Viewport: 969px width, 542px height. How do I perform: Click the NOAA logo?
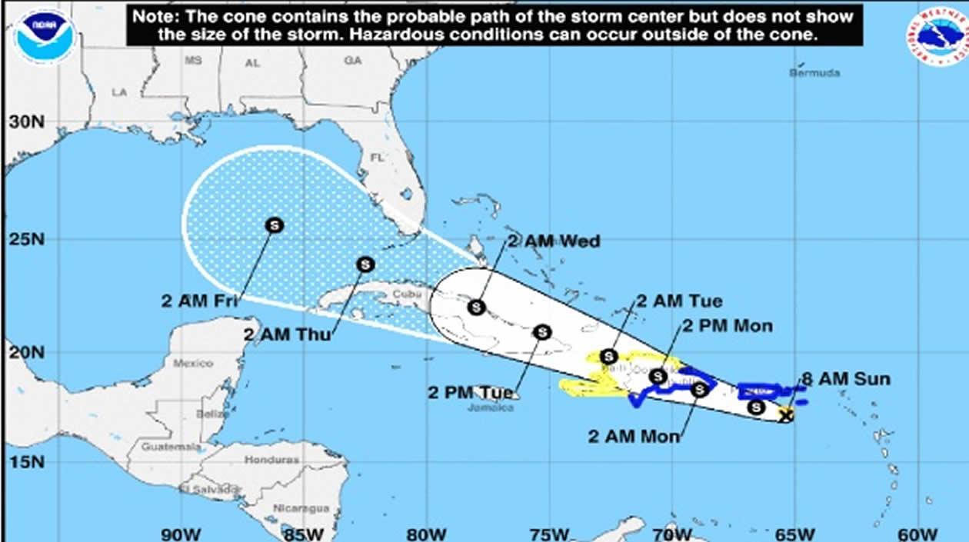45,35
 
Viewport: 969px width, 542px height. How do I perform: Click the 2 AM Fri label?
198,301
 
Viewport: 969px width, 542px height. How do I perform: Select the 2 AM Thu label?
282,334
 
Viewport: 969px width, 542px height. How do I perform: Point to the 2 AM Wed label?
553,241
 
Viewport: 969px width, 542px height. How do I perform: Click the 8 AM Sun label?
846,378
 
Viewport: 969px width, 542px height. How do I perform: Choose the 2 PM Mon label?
726,326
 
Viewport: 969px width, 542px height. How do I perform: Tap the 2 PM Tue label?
470,392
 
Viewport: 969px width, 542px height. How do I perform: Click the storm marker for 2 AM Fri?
274,224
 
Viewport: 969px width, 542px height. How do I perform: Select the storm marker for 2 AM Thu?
365,264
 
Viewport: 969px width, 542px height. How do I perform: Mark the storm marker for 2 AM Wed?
477,307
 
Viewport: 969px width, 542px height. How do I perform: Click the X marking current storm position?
785,416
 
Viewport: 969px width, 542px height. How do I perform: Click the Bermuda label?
814,73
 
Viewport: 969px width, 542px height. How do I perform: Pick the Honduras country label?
270,460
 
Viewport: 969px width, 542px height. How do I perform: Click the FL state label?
377,157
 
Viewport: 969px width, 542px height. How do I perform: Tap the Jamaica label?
490,407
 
